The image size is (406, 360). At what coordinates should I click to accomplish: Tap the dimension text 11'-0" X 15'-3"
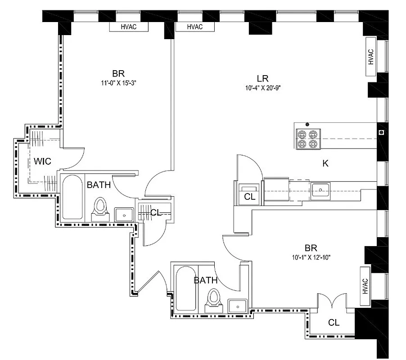(x=118, y=83)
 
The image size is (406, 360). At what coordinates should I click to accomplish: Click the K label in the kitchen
(x=325, y=163)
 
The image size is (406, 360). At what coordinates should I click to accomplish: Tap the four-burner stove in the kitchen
(x=308, y=139)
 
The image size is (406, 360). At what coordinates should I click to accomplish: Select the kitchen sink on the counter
(x=320, y=189)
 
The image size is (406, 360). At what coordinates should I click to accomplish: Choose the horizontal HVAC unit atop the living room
(x=194, y=27)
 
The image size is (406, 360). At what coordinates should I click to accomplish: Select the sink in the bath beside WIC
(x=123, y=215)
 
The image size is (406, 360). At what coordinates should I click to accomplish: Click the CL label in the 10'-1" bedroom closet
(x=334, y=323)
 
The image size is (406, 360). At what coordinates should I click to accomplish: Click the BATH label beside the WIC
(x=99, y=184)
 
